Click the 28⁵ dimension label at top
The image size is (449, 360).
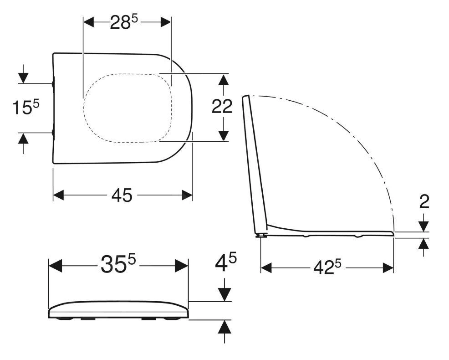124,23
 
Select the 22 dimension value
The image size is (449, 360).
222,107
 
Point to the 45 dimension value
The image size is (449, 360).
122,195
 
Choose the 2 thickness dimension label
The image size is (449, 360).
424,201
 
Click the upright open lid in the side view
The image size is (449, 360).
255,164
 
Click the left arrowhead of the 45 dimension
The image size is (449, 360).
58,195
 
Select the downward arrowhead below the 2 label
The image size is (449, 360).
424,226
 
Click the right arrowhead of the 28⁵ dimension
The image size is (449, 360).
165,22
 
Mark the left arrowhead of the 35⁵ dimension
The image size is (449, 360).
55,265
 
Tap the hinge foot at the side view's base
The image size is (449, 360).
262,236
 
